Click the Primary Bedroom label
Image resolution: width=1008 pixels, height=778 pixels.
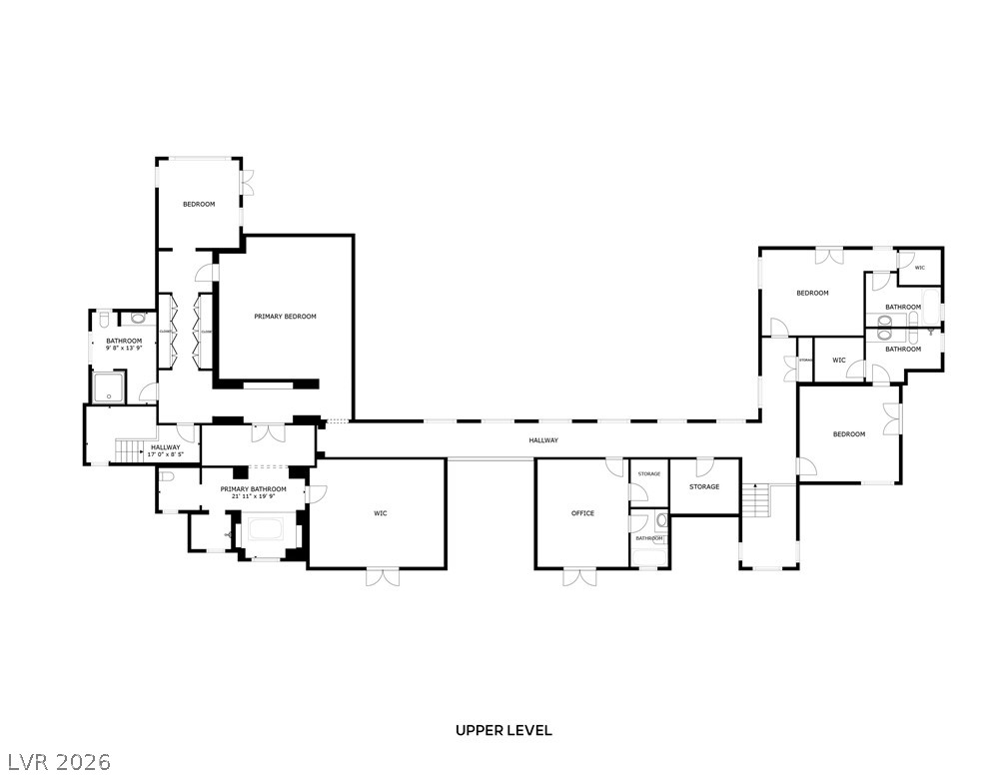pos(285,317)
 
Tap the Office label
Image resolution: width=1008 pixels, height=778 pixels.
pos(582,513)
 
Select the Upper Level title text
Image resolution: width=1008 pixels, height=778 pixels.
pos(504,731)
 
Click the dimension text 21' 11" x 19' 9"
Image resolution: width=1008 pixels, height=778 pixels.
pos(253,496)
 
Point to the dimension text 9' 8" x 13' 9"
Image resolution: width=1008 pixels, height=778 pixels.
pos(125,349)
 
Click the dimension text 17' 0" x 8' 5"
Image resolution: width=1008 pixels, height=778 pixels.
pos(165,454)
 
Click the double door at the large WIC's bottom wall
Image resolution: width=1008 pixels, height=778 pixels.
pos(382,576)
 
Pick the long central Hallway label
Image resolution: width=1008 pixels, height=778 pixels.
pos(543,440)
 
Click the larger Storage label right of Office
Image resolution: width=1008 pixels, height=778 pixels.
pos(704,486)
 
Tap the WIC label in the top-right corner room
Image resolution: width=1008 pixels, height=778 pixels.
pos(919,268)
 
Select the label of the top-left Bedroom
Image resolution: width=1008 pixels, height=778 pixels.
pos(199,205)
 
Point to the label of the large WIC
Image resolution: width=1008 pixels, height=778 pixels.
pos(381,513)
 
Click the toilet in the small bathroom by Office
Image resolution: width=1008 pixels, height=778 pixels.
pos(661,521)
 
